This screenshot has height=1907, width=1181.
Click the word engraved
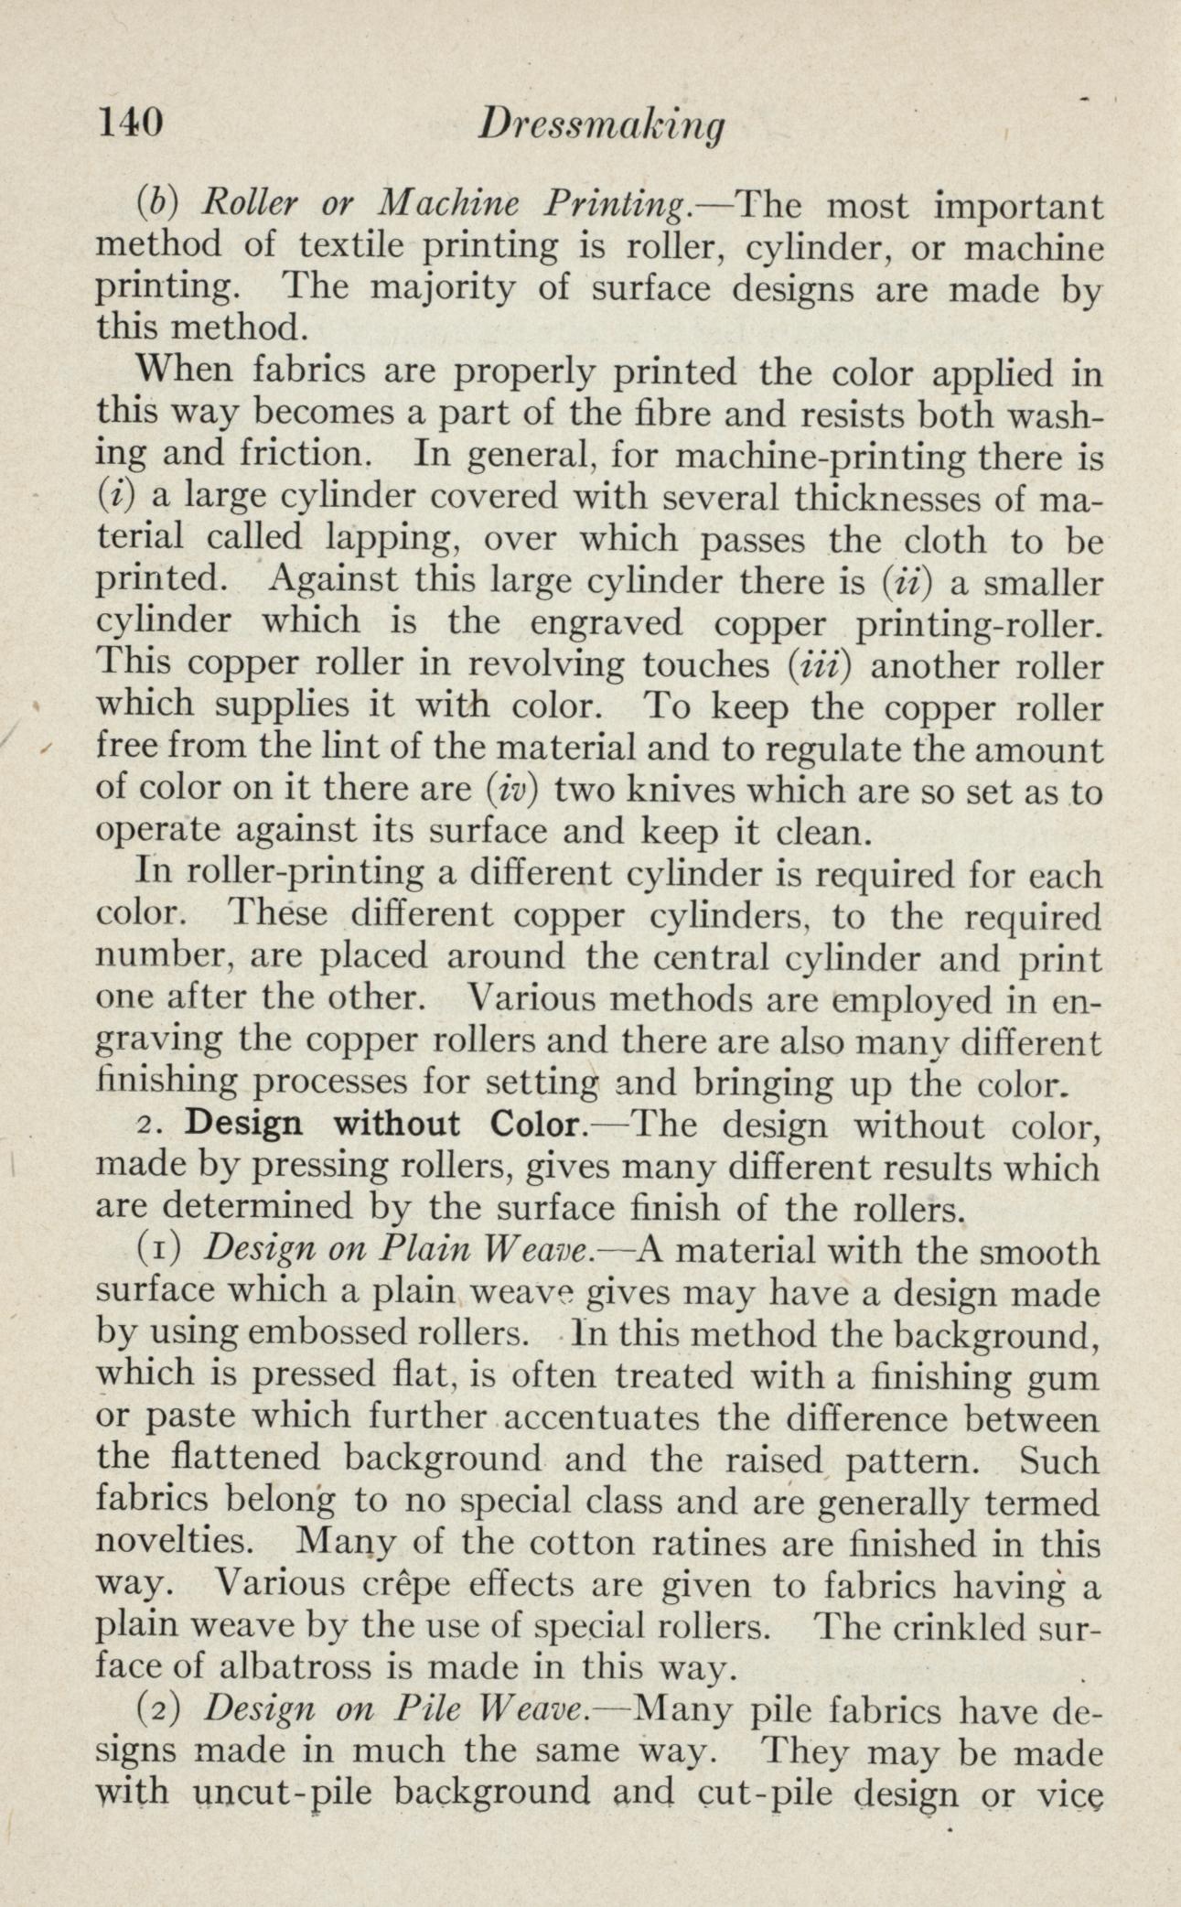607,622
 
